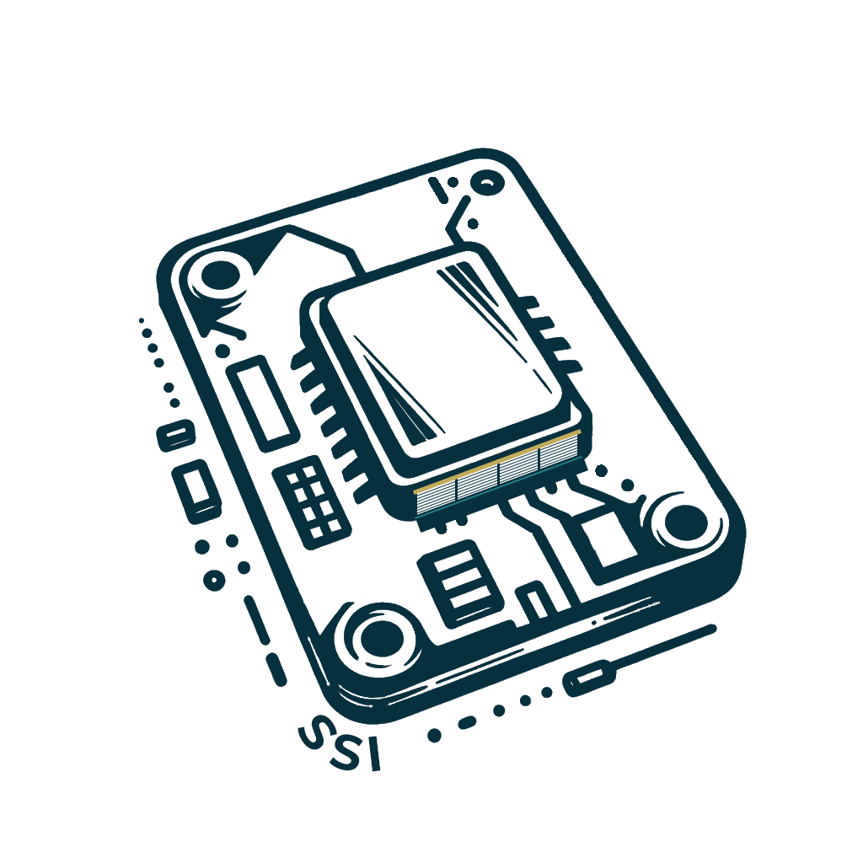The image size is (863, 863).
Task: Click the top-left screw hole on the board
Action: tap(221, 276)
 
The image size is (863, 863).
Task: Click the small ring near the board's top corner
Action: tap(488, 182)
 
